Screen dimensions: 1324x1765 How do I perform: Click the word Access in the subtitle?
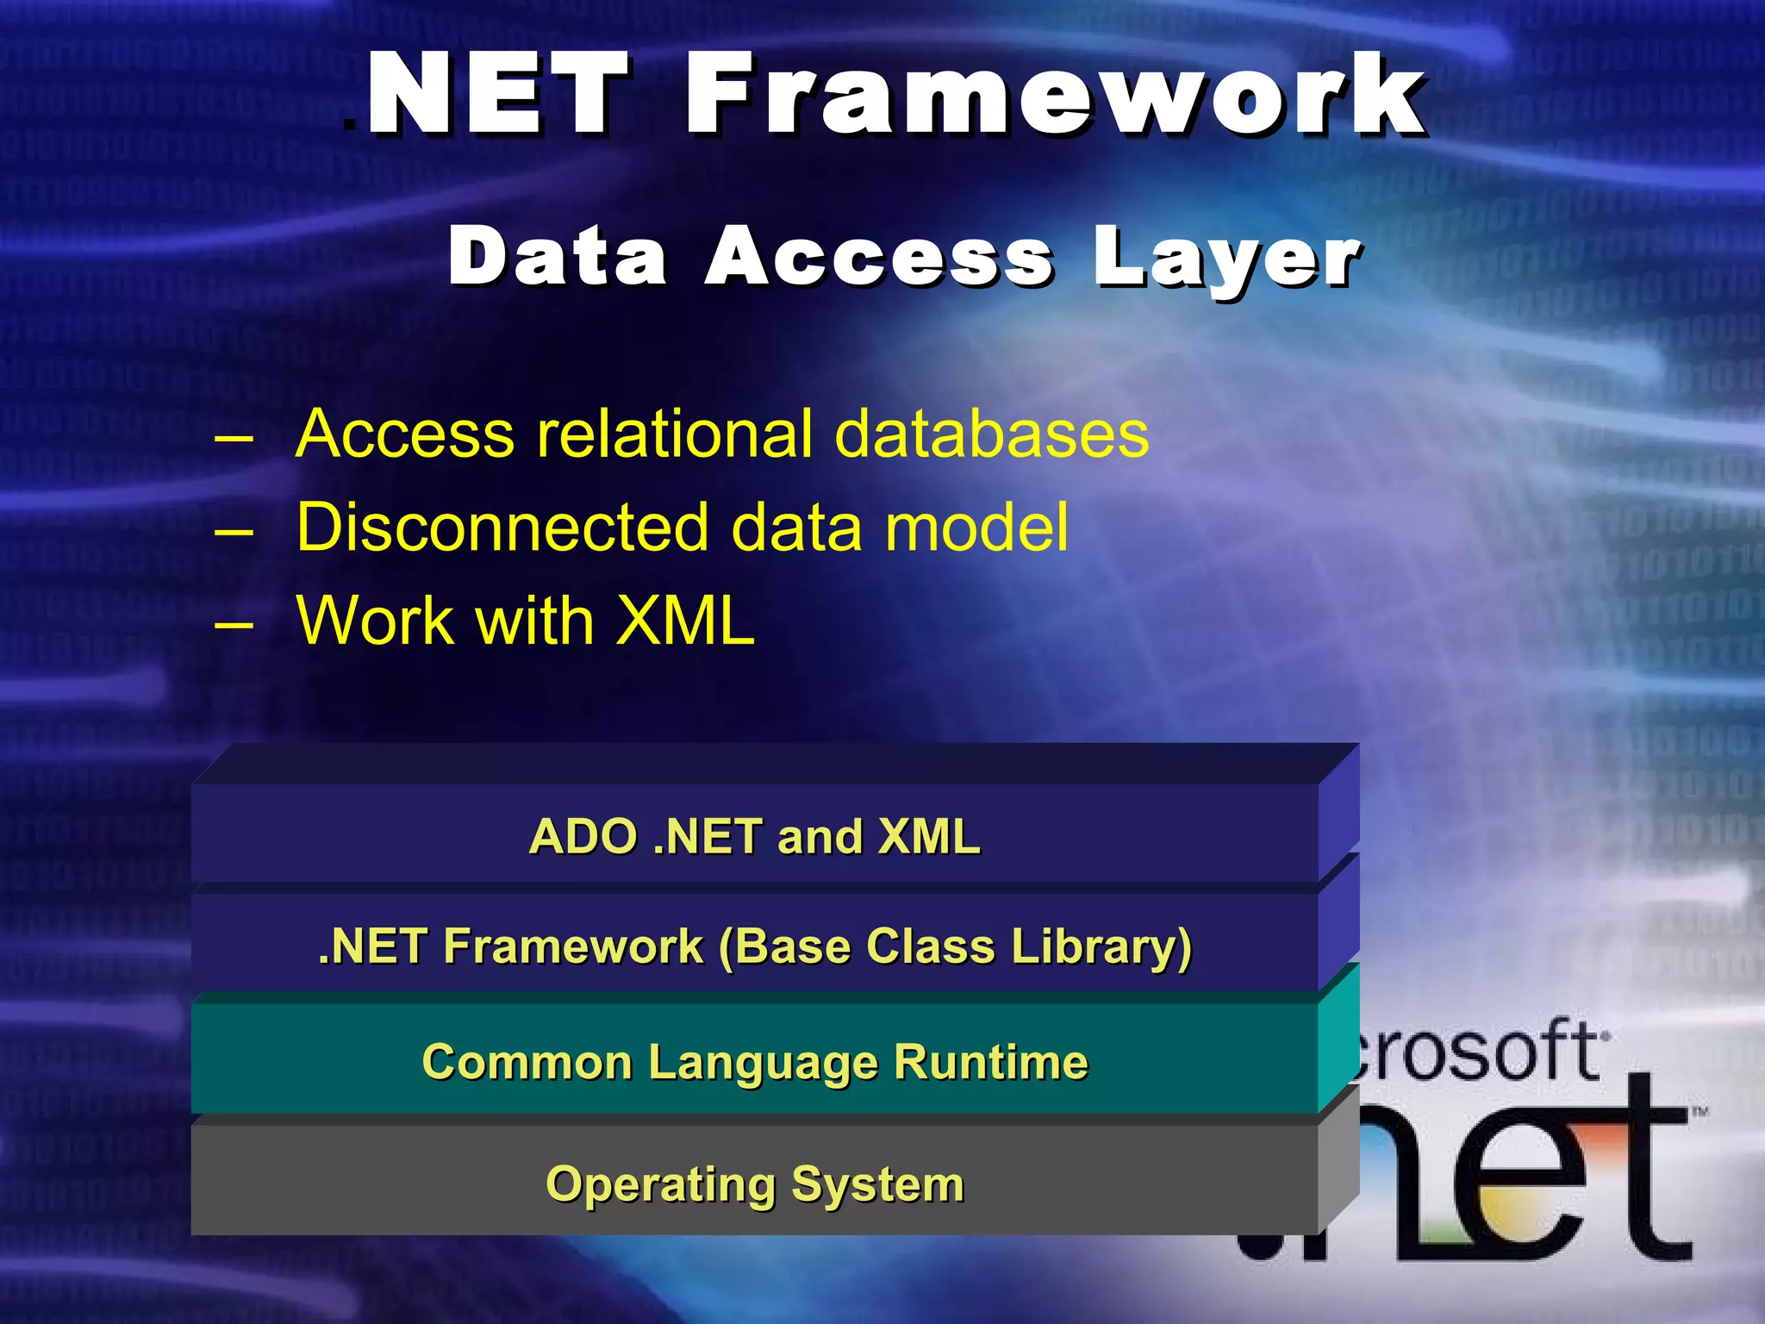point(879,256)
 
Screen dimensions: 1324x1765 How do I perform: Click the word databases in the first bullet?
point(992,434)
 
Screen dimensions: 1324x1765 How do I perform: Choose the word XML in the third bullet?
point(685,620)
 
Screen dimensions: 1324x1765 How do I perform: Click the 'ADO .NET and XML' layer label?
point(755,836)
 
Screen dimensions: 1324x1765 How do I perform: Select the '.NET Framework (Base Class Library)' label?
point(755,947)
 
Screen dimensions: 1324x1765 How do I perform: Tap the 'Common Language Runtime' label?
point(755,1062)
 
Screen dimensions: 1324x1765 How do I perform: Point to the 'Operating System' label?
point(755,1183)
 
